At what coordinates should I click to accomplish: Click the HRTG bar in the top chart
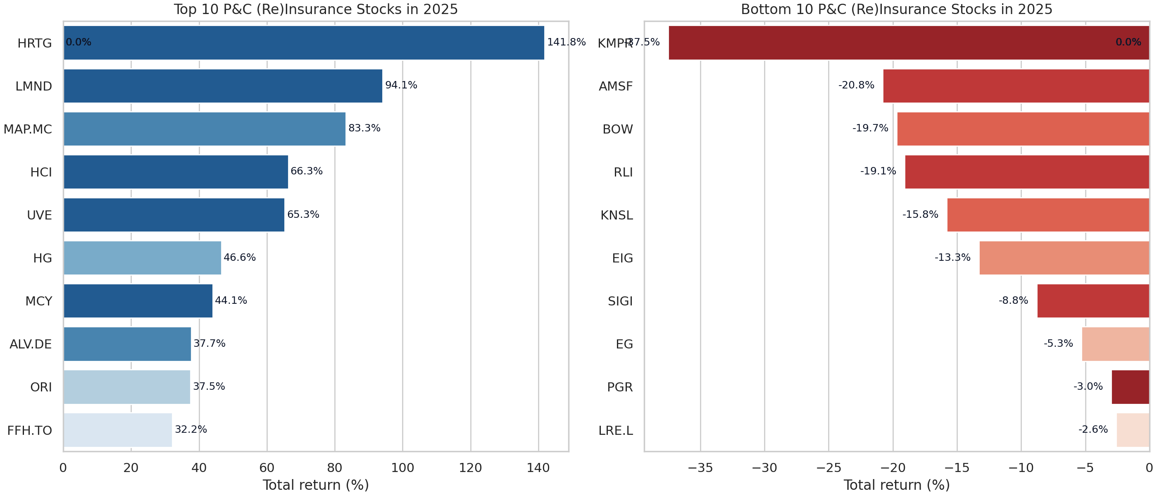[x=304, y=43]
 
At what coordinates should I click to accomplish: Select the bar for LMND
[x=223, y=86]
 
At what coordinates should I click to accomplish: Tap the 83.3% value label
[x=364, y=129]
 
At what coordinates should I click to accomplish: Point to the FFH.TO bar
[x=118, y=430]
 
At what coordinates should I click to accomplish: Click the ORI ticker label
[x=41, y=387]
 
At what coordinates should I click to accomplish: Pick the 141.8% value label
[x=566, y=42]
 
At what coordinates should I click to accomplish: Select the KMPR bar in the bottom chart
[x=908, y=43]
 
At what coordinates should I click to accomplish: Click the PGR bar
[x=1130, y=387]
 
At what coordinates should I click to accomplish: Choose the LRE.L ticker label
[x=615, y=430]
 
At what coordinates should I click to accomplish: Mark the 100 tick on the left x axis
[x=402, y=468]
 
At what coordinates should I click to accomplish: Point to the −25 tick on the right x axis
[x=828, y=468]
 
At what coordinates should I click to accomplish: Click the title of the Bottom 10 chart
[x=896, y=10]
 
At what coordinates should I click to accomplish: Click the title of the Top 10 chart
[x=316, y=10]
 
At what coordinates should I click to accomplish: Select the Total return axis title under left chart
[x=316, y=485]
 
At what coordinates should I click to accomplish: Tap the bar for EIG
[x=1064, y=258]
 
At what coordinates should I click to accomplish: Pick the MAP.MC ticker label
[x=28, y=129]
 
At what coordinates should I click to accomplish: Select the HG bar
[x=143, y=258]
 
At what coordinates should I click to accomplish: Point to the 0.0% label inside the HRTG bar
[x=79, y=42]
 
